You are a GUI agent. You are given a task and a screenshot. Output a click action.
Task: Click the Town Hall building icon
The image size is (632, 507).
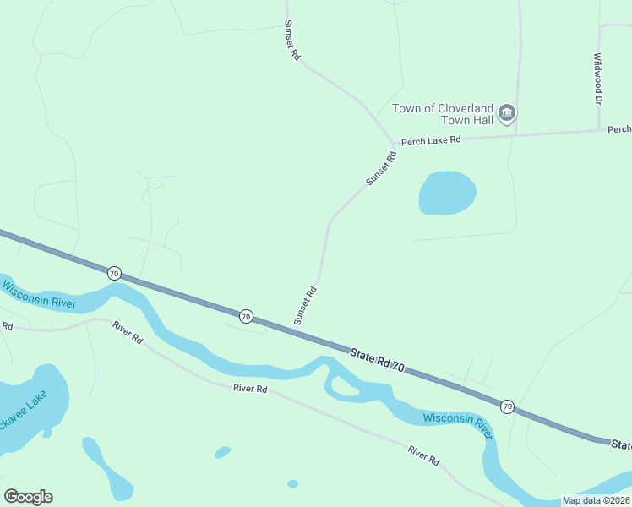pos(507,113)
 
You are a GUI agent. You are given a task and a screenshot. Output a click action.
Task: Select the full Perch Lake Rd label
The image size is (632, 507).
pos(431,140)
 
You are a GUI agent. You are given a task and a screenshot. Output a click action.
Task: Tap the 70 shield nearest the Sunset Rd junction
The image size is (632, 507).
pos(245,315)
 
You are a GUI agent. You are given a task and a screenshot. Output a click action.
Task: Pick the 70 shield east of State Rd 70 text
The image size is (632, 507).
pos(506,406)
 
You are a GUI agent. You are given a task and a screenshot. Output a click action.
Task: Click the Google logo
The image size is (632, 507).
pos(28,497)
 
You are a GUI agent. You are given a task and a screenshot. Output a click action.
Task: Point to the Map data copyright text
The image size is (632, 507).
pos(596,500)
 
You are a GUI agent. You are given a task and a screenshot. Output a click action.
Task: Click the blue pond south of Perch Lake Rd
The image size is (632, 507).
pos(447,194)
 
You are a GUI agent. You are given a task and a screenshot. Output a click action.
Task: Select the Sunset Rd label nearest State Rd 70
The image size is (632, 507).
pos(304,306)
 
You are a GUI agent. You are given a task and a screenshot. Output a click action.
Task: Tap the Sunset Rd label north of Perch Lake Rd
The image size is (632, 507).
pos(292,40)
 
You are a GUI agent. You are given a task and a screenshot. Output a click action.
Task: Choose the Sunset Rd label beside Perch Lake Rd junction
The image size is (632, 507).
pos(381,167)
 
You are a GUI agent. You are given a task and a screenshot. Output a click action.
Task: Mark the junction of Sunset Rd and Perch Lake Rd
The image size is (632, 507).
pos(393,143)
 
